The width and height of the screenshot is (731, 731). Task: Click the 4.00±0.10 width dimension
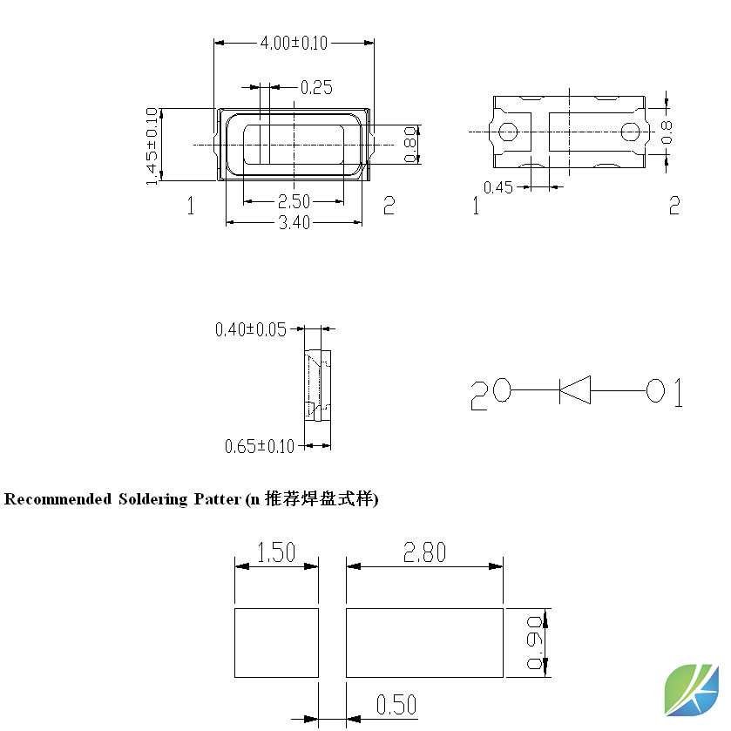point(294,43)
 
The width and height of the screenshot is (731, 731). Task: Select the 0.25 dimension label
point(316,88)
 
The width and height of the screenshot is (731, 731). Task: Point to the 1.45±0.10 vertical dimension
point(152,146)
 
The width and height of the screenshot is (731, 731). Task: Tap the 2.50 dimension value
point(294,202)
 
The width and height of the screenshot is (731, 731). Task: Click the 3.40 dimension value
point(294,222)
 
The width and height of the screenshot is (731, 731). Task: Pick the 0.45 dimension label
point(497,187)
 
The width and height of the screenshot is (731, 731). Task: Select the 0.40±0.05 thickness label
point(250,329)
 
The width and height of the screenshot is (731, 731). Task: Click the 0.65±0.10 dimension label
point(260,446)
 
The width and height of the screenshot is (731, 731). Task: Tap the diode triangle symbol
point(575,389)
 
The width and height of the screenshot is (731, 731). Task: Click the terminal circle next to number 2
point(502,390)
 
